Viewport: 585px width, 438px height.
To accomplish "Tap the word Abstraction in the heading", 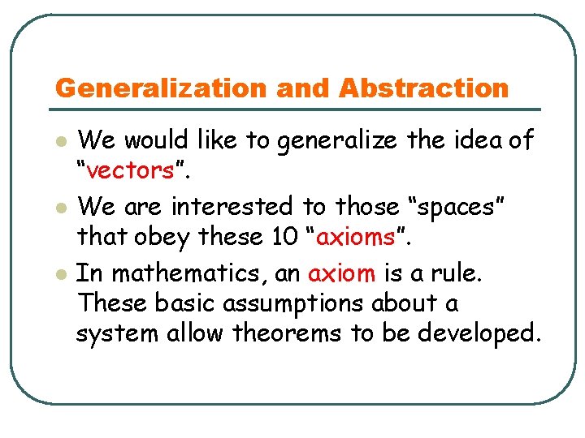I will pos(423,88).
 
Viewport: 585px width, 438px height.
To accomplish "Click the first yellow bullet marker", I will pos(58,142).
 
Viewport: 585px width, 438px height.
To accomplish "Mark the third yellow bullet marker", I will pos(58,274).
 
